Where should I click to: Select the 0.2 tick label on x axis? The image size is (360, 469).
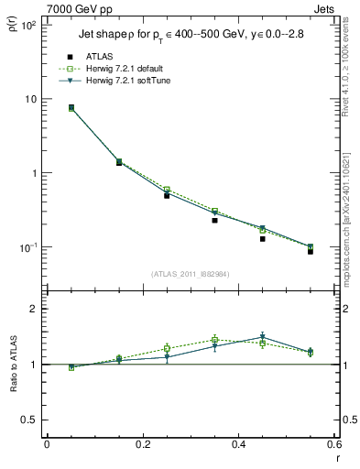[142, 445]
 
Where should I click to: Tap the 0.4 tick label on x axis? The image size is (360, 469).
[238, 445]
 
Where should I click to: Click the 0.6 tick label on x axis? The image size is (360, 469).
[333, 445]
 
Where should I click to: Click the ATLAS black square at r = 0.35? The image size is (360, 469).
[214, 220]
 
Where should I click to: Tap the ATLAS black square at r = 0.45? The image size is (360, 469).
[262, 238]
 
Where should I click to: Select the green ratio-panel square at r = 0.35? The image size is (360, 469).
[214, 339]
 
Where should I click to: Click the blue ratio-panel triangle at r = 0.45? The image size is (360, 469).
[262, 336]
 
